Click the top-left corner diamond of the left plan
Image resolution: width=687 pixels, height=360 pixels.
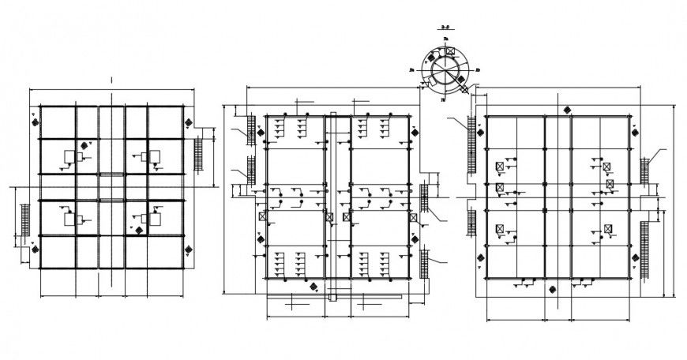pos(36,121)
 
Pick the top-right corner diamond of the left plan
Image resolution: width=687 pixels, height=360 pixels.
pos(189,122)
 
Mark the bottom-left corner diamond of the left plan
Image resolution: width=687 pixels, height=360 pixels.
pos(36,250)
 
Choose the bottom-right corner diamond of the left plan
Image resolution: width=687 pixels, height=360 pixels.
pos(189,250)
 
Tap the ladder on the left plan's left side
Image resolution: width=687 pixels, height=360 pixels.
pos(24,225)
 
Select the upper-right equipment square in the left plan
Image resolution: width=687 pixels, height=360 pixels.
pos(153,154)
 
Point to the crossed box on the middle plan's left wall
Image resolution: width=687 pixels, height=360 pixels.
pos(261,215)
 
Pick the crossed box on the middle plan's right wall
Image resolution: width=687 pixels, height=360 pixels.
pos(412,215)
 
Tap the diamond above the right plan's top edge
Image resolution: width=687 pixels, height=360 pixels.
pos(566,110)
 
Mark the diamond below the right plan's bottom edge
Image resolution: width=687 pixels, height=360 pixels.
pos(554,289)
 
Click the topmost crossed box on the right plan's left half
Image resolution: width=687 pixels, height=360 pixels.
pos(499,167)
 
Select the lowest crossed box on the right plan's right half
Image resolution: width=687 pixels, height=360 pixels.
pos(608,229)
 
